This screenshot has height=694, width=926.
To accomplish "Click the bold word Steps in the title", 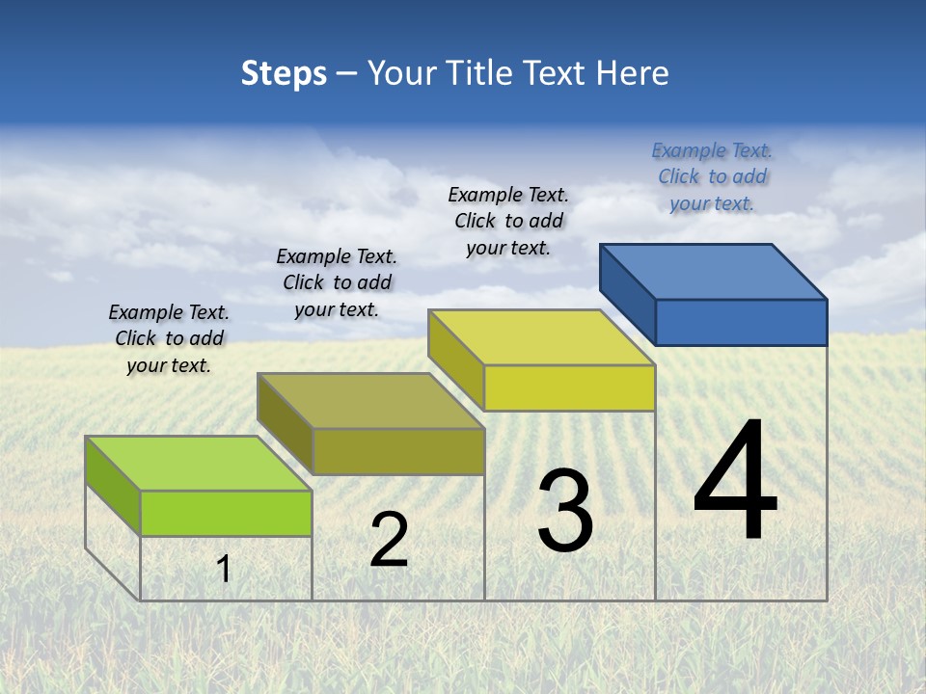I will click(x=284, y=73).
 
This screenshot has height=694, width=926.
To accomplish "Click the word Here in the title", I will click(x=633, y=73).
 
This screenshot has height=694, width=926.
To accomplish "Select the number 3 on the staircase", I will click(x=564, y=512).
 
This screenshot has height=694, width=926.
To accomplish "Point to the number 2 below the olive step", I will click(x=389, y=540).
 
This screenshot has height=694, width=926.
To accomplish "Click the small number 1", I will click(x=224, y=570).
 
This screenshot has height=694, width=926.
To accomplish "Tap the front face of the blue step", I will click(x=741, y=322).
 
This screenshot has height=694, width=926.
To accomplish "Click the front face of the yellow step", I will click(x=569, y=387).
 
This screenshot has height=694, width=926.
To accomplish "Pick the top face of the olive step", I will click(x=370, y=401).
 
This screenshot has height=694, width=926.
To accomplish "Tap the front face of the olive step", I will click(x=397, y=451).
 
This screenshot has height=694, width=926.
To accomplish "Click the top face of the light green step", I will click(x=199, y=464).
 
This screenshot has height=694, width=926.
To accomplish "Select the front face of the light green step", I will click(x=226, y=513).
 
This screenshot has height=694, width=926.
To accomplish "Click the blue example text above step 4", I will click(x=712, y=176).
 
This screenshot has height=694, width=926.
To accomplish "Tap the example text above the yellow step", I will click(x=508, y=221).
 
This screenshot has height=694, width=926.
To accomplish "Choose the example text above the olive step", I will click(x=337, y=282).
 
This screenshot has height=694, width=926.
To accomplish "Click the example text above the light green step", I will click(x=169, y=338).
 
